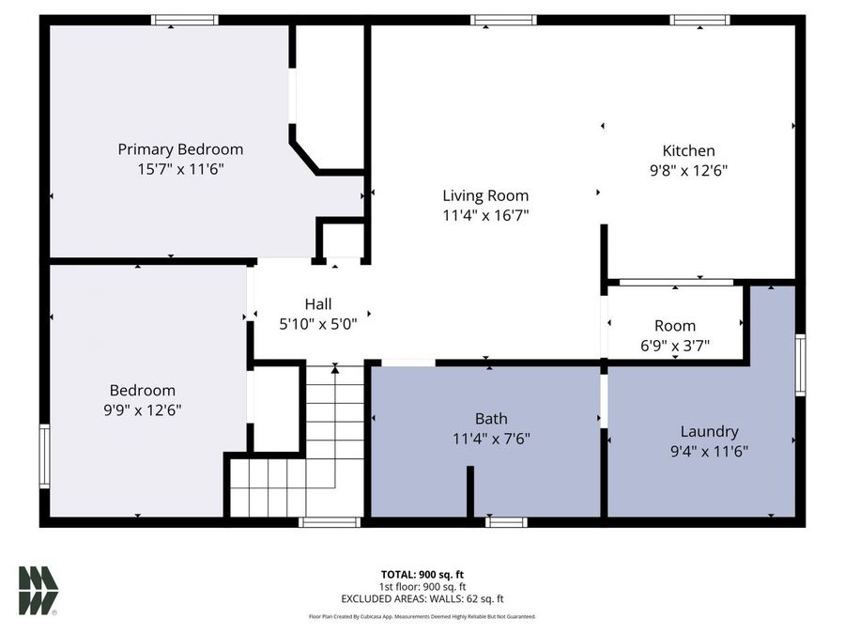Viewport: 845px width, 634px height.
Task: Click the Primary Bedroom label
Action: [180, 149]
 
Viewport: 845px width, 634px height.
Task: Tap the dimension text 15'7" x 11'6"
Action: [180, 169]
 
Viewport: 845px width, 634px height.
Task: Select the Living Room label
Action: [485, 195]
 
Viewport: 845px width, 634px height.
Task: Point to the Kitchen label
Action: [688, 150]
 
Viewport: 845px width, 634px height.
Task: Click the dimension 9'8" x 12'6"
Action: [688, 170]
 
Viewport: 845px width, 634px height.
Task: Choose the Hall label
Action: [317, 303]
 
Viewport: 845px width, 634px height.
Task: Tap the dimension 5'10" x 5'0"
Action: [317, 323]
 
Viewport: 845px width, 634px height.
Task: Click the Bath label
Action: [491, 418]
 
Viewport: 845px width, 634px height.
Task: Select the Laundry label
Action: [709, 431]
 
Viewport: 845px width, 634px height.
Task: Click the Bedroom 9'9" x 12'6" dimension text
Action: [143, 410]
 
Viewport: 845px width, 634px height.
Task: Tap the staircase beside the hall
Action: [319, 441]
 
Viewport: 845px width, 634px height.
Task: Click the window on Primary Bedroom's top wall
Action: [185, 20]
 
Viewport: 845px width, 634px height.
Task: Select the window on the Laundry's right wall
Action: [800, 364]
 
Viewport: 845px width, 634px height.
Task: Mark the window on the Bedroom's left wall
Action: [44, 456]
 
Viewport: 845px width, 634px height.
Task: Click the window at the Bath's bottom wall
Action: [506, 521]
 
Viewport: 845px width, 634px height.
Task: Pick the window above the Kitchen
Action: [700, 20]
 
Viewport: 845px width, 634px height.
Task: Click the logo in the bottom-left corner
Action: [38, 591]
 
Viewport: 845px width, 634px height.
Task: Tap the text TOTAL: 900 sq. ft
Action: [422, 574]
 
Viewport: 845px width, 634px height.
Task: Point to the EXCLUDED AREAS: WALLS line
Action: [422, 598]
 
